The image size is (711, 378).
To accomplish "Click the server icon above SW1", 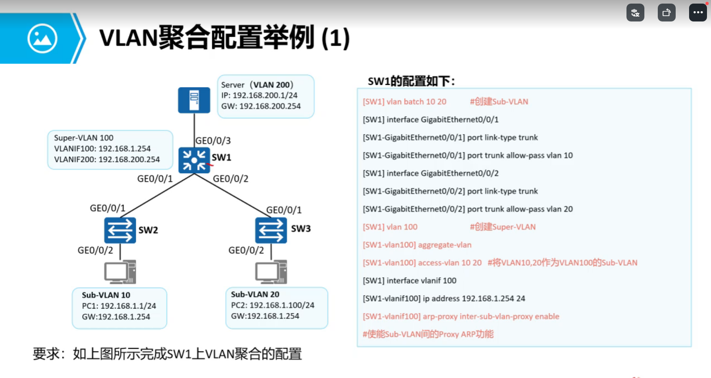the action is click(x=194, y=100).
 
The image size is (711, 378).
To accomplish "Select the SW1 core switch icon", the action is click(x=194, y=160).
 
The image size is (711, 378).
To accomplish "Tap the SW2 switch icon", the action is click(x=120, y=230).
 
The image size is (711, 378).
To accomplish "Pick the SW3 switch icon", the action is click(x=271, y=230).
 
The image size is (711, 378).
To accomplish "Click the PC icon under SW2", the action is click(x=120, y=272).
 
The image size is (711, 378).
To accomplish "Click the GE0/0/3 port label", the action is click(x=213, y=141).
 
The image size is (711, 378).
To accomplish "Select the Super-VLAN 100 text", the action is click(x=84, y=138).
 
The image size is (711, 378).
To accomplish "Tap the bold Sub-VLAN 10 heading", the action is click(x=106, y=295).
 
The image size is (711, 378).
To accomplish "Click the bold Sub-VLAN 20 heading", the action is click(x=255, y=294).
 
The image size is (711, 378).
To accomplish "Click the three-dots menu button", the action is click(x=698, y=13).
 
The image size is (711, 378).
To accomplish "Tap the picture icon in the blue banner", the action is click(x=42, y=38).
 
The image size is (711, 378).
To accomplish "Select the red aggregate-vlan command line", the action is click(x=417, y=245).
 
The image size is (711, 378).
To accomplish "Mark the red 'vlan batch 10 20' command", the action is click(x=404, y=102).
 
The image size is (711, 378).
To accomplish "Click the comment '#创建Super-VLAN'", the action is click(x=503, y=227).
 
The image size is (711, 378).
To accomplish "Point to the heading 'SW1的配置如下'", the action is click(x=411, y=81).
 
